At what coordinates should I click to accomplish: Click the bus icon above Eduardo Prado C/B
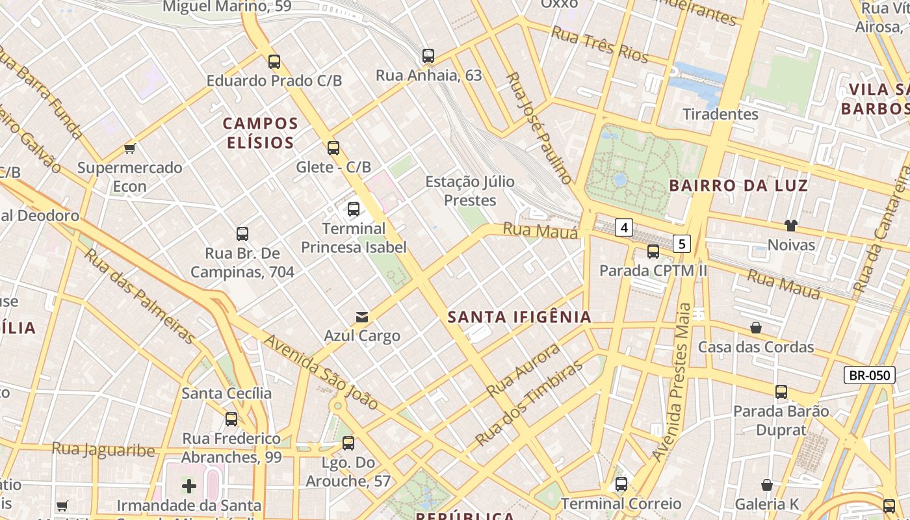coord(274,62)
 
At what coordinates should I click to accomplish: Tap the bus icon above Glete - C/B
coord(333,148)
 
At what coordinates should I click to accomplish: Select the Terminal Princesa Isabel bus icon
coord(354,209)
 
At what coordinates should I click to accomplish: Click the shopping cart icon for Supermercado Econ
coord(130,149)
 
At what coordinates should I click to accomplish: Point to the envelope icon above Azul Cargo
coord(362,317)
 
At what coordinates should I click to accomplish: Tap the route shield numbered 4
coord(624,227)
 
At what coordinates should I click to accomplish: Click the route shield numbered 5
coord(681,244)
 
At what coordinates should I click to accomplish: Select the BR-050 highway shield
coord(869,375)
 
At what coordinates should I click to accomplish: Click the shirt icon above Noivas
coord(790,226)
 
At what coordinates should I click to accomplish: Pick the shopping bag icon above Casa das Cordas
coord(756,328)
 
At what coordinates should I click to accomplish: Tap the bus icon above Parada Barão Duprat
coord(781,392)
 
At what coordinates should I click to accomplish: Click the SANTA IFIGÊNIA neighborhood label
coord(520,317)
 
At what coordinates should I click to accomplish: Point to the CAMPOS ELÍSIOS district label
coord(261,133)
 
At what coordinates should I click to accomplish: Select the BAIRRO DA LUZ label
coord(738,186)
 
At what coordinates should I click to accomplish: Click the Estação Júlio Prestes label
coord(470,191)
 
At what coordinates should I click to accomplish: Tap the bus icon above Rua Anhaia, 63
coord(428,56)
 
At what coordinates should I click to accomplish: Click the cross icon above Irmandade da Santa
coord(189,486)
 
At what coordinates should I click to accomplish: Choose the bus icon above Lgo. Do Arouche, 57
coord(348,443)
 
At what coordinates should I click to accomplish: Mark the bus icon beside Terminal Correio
coord(621,484)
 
